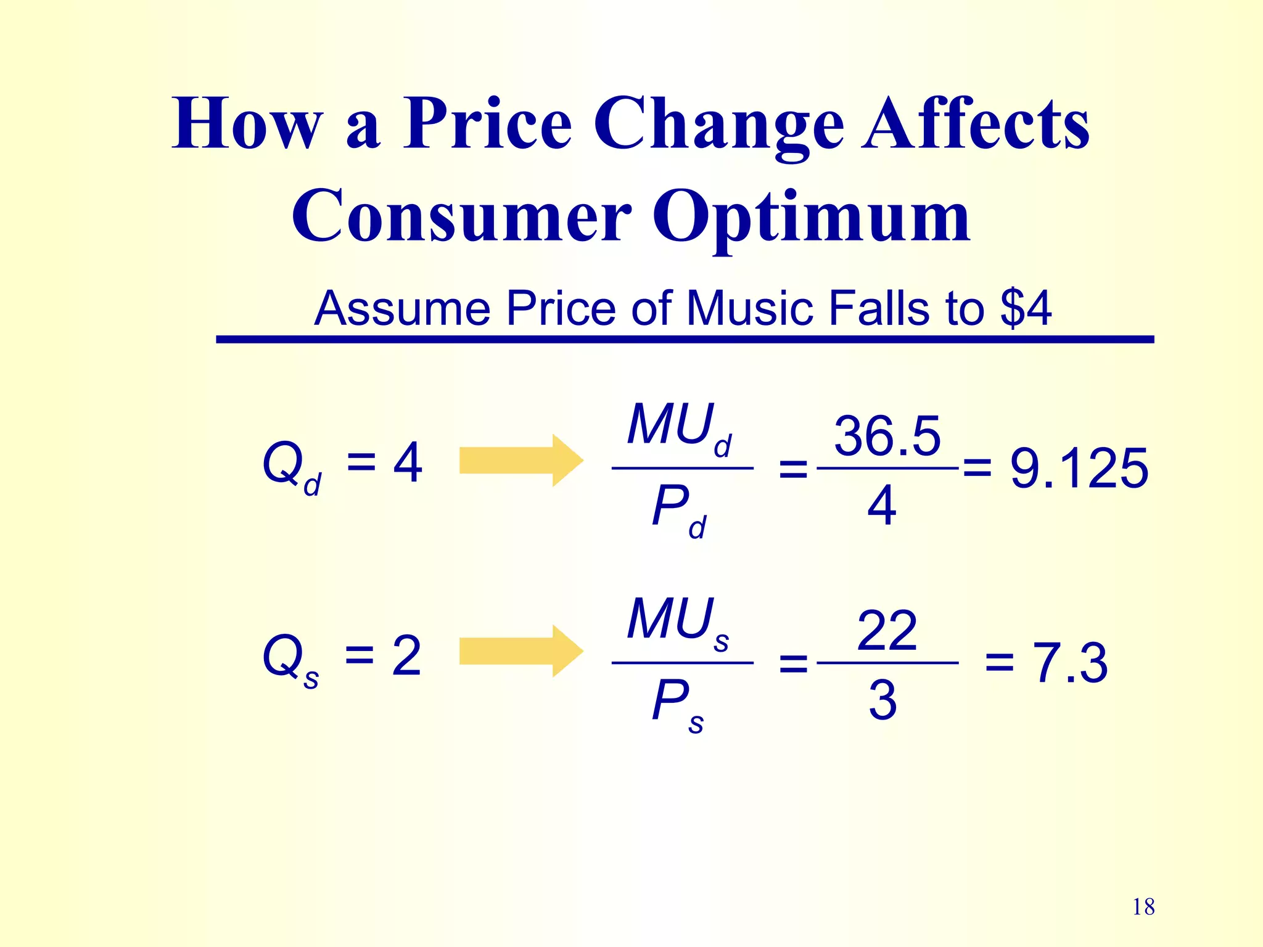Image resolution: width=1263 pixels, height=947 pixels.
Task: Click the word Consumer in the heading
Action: [x=461, y=216]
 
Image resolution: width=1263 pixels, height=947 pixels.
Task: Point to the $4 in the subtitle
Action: [x=1026, y=308]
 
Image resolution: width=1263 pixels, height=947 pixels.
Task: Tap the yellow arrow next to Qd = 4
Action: [x=521, y=461]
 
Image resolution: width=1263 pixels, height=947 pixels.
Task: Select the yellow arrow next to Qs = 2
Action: [x=521, y=651]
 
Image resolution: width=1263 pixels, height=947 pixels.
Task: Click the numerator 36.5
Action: [x=887, y=437]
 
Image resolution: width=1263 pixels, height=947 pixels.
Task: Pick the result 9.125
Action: [x=1079, y=469]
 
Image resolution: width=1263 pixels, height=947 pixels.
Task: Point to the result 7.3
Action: [x=1070, y=663]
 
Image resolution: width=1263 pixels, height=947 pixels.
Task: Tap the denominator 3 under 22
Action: [x=882, y=700]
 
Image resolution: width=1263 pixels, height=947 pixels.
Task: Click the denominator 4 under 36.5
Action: [x=882, y=506]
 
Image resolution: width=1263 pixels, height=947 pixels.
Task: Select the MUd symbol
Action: [x=678, y=427]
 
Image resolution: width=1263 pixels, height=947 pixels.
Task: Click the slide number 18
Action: [x=1143, y=907]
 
